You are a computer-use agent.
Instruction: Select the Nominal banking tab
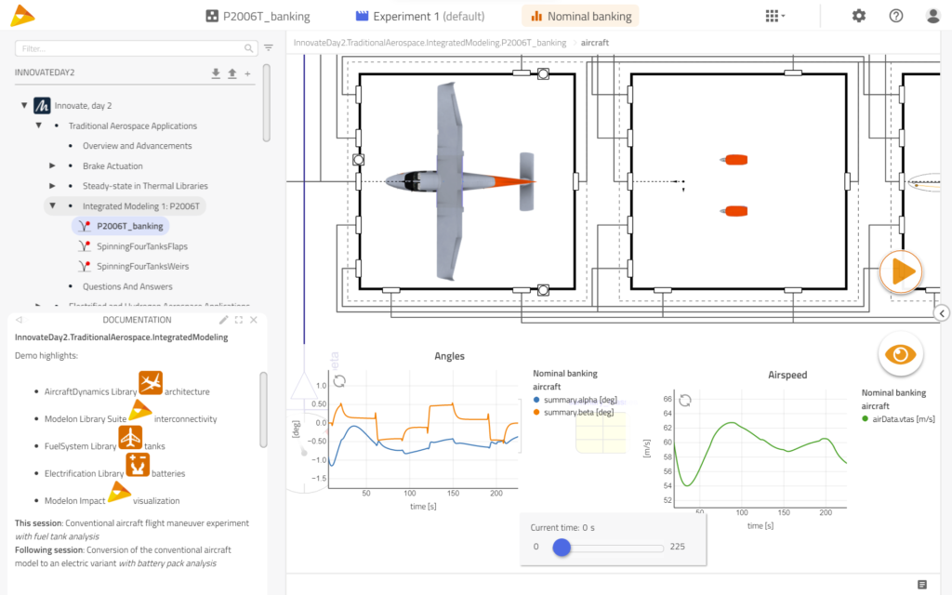580,16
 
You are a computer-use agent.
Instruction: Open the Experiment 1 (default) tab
420,16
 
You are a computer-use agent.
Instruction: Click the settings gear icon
858,16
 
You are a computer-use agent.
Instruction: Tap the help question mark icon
895,16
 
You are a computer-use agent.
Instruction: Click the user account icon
932,16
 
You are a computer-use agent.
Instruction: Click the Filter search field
130,47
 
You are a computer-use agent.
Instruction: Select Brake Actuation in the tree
112,165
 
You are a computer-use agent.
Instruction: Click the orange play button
901,271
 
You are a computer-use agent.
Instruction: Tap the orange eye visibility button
900,354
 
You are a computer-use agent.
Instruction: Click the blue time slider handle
562,547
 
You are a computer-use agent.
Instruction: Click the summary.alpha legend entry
576,399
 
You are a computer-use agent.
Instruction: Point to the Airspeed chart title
787,375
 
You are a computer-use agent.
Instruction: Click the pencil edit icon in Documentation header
223,320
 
